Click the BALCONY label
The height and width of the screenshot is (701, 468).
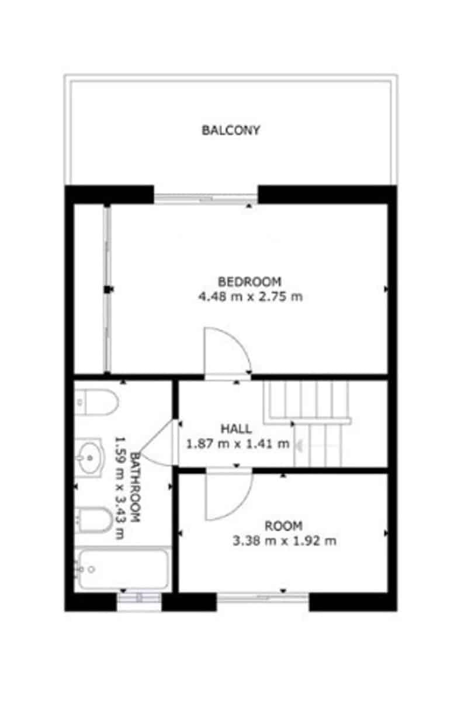(231, 130)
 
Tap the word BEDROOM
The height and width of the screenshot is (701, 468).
(249, 282)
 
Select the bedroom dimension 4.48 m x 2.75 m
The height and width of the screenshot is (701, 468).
(250, 297)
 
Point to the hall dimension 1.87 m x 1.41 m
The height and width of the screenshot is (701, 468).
(237, 444)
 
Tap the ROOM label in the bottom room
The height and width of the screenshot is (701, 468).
(283, 525)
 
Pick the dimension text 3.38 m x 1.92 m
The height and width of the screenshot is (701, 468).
(284, 541)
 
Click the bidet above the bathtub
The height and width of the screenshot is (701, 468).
(93, 520)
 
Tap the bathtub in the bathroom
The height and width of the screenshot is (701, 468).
(123, 569)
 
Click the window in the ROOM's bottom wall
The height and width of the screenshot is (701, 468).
(263, 598)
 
